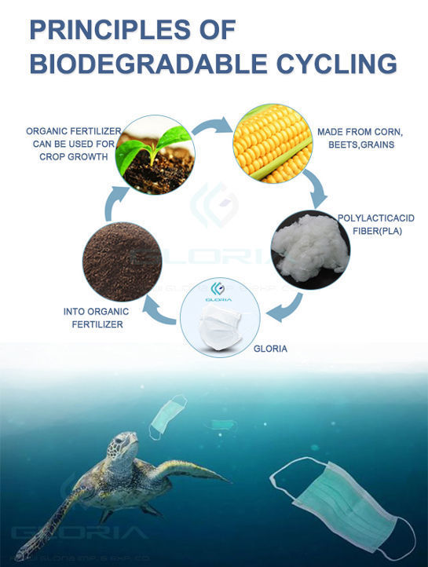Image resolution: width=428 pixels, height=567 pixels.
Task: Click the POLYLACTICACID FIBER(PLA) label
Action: [x=375, y=223]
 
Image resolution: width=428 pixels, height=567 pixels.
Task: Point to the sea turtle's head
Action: [x=117, y=447]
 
